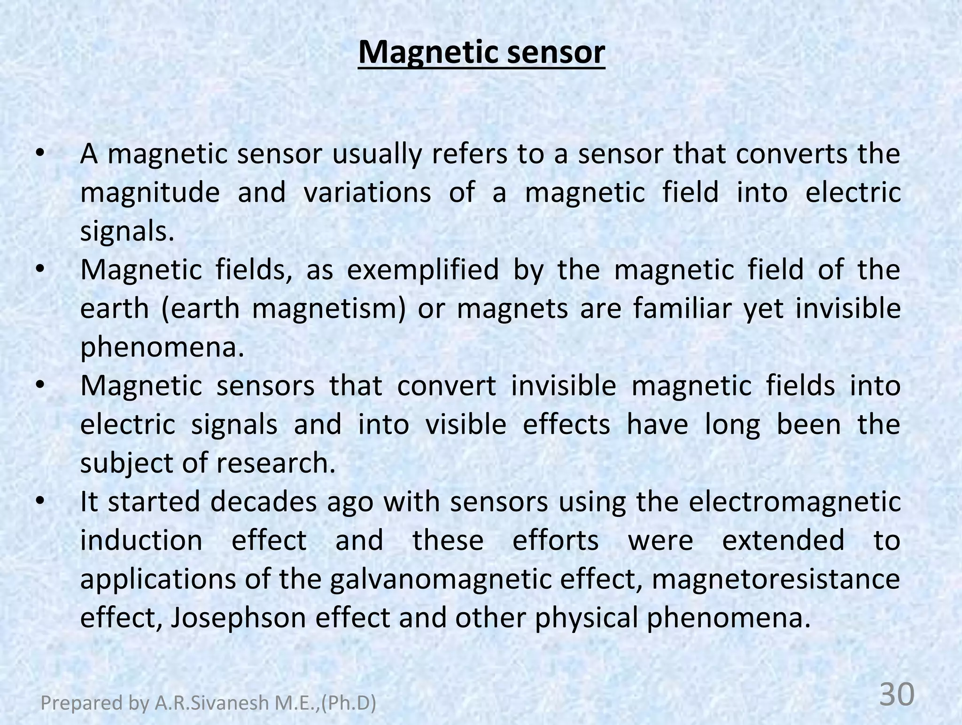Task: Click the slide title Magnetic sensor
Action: click(481, 53)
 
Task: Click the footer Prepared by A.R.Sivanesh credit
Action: click(209, 703)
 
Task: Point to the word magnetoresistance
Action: click(776, 579)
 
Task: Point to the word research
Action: click(276, 463)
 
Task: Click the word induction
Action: click(141, 540)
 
